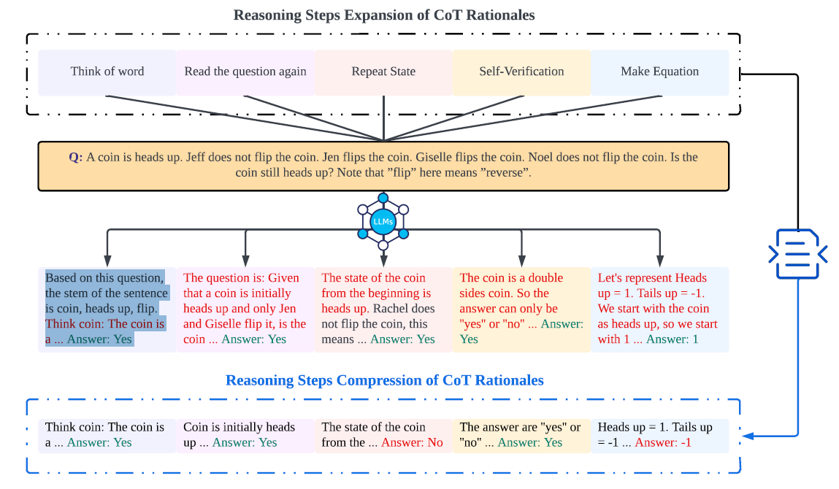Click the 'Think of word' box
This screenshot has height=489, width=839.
click(107, 72)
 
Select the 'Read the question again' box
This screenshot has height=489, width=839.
click(245, 72)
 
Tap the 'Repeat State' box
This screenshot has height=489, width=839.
click(383, 72)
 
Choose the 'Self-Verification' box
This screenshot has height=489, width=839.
click(521, 72)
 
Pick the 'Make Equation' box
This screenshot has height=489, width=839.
click(659, 72)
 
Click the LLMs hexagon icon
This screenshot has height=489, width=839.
click(383, 220)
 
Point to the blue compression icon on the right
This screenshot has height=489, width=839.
click(798, 253)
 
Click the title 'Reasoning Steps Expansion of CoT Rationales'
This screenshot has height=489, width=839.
click(383, 15)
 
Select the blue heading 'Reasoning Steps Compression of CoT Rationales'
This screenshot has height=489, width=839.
click(384, 380)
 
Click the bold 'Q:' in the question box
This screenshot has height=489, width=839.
click(76, 157)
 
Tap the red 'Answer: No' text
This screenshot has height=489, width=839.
click(412, 442)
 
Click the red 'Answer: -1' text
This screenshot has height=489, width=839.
click(663, 442)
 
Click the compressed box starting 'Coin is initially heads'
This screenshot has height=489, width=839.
click(245, 435)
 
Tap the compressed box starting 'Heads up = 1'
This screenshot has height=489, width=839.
click(659, 435)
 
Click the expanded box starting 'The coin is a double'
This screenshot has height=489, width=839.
click(521, 309)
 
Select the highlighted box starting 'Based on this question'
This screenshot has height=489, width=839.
click(107, 309)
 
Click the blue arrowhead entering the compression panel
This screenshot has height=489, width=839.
click(747, 436)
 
